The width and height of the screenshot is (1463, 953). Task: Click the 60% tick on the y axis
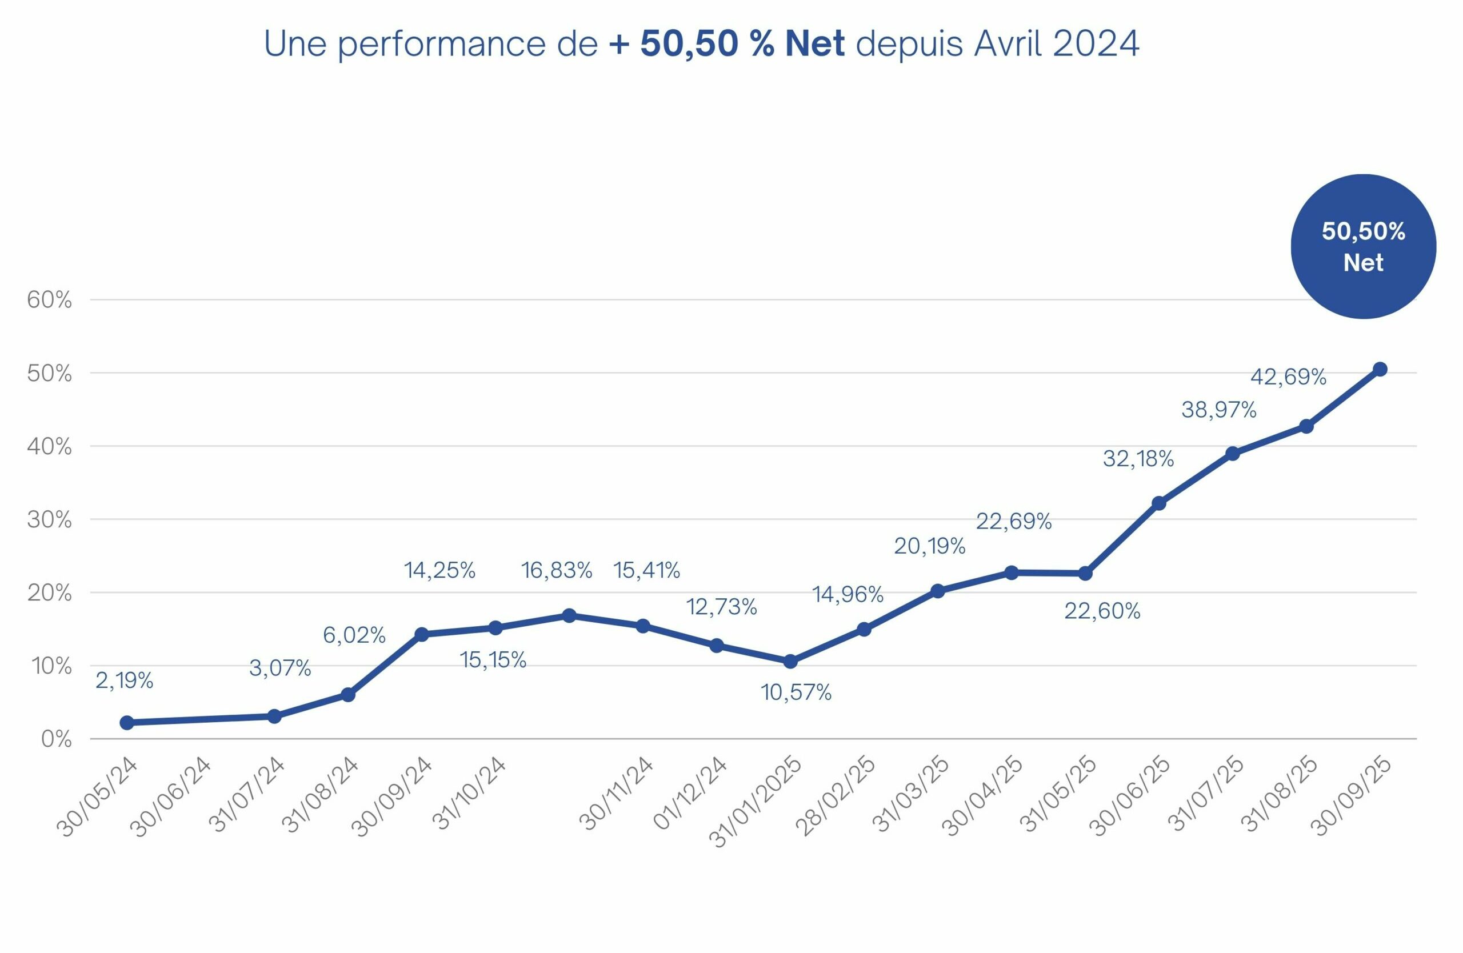tap(49, 301)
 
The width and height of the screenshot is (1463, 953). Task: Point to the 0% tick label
tap(57, 740)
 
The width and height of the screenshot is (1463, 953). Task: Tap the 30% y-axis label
tap(49, 520)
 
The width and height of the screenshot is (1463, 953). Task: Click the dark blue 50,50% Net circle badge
tap(1363, 246)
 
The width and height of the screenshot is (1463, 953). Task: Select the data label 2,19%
tap(124, 680)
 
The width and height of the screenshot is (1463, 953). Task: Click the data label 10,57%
tap(796, 692)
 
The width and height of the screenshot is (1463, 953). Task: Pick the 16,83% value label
tap(556, 570)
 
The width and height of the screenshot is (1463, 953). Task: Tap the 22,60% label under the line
tap(1102, 611)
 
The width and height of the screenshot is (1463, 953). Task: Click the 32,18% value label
tap(1138, 458)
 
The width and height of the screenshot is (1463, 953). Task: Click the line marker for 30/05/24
tap(127, 723)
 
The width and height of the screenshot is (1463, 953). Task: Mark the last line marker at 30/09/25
tap(1380, 369)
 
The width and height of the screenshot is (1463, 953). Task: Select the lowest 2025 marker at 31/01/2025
tap(790, 661)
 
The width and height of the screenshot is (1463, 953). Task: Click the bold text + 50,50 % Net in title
tap(726, 43)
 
